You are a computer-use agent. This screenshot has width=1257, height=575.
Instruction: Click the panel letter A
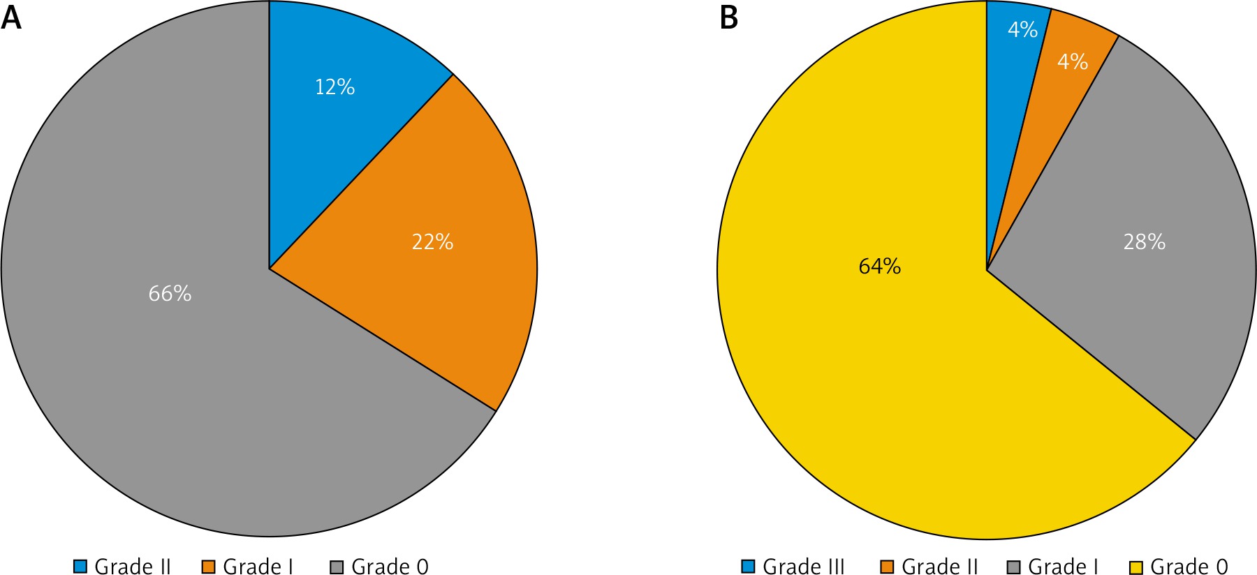[x=11, y=17]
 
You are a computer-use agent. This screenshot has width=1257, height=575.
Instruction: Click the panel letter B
[x=728, y=17]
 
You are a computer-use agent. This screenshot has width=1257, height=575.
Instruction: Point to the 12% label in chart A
[x=335, y=87]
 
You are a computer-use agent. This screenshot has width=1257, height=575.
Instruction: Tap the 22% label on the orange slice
[x=432, y=242]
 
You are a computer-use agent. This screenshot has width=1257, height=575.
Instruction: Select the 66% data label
[x=170, y=294]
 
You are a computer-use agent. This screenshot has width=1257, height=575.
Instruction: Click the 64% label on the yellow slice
[x=879, y=267]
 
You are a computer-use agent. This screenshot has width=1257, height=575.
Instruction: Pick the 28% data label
[x=1144, y=242]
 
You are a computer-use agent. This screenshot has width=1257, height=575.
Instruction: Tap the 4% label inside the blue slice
[x=1022, y=29]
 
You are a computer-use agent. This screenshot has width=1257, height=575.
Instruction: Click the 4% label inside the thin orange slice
[x=1072, y=62]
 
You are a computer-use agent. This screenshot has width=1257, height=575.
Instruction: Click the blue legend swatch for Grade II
[x=80, y=566]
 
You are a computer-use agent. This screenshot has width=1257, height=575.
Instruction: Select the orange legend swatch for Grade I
[x=208, y=566]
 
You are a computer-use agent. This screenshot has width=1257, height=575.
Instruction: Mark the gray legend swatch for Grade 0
[x=337, y=566]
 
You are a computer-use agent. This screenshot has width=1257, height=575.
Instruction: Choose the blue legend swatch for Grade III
[x=748, y=566]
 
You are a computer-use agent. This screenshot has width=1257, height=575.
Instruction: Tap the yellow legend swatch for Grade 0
[x=1135, y=566]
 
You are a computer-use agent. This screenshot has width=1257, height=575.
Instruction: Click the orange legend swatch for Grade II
[x=887, y=566]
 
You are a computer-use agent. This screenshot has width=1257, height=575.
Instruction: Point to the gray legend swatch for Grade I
[x=1014, y=566]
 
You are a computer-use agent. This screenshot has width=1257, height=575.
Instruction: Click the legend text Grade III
[x=803, y=566]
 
